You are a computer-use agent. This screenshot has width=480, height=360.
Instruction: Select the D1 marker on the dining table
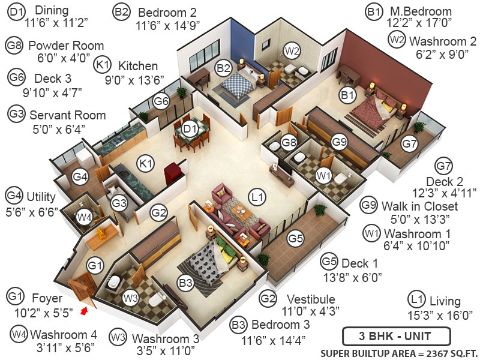(190, 128)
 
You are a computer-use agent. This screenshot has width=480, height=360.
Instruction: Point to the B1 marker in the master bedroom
(347, 94)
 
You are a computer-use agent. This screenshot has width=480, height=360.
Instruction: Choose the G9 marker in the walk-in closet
(340, 142)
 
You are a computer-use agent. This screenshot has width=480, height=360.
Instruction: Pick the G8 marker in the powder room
(289, 142)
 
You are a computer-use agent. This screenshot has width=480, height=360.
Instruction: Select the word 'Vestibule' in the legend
(310, 299)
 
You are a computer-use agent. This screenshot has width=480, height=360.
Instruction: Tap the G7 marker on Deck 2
(409, 144)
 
